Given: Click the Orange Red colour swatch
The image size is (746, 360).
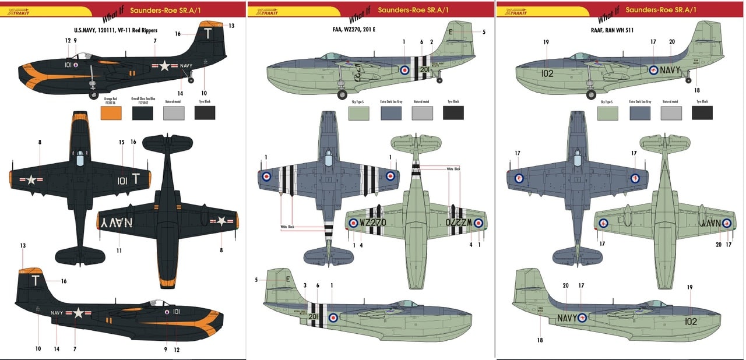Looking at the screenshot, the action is pos(111,112).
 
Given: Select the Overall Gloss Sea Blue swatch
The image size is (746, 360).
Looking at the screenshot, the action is pos(142,112).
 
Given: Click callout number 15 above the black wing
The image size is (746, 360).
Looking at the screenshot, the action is pos(122,142).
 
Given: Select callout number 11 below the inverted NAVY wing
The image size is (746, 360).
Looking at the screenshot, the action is pos(118,250).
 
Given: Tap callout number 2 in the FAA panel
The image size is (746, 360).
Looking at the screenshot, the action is pos(432,42).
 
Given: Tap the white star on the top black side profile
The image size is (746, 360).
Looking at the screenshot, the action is pos(165,66).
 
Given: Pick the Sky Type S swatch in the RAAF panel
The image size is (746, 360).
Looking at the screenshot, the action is pos(607,112).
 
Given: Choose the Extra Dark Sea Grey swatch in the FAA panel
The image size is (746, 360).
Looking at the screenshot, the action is pos(390,112).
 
